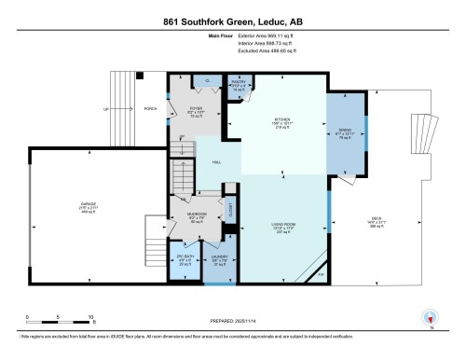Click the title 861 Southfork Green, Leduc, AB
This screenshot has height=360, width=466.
tap(233, 21)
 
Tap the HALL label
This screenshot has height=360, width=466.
tap(216, 163)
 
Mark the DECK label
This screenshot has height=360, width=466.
tap(377, 222)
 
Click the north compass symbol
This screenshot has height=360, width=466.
tap(430, 316)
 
